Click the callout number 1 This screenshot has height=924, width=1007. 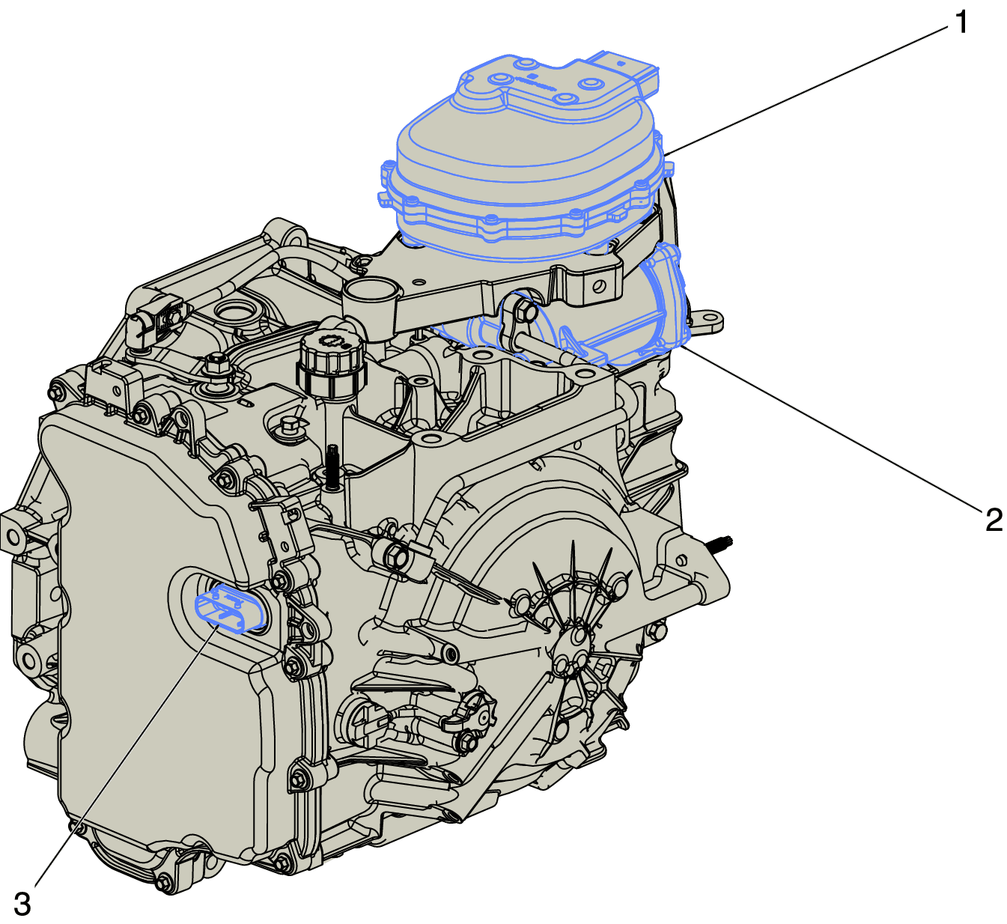click(x=961, y=22)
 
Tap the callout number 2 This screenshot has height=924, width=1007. click(x=994, y=519)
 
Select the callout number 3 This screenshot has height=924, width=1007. click(x=22, y=905)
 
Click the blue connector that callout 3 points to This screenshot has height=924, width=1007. click(x=229, y=610)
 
